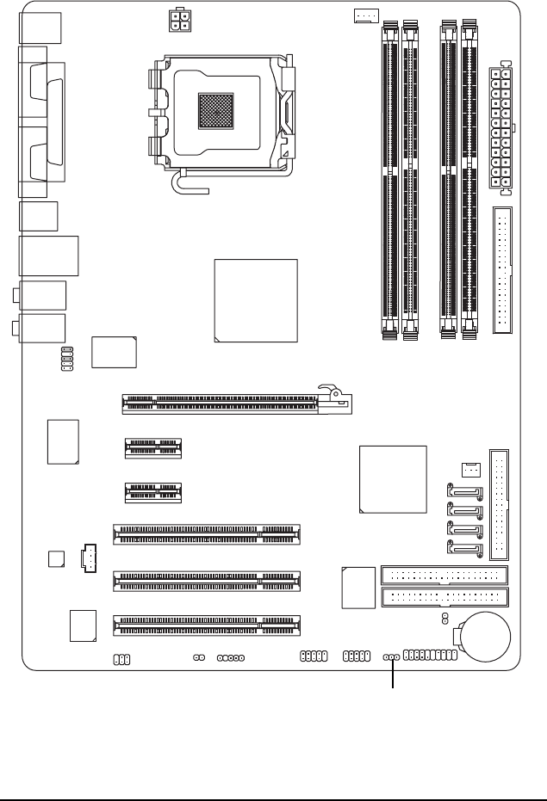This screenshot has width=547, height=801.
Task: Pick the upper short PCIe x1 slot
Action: (x=153, y=447)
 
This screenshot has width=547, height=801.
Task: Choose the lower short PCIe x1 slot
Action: (x=153, y=493)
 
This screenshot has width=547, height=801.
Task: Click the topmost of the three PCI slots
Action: (x=207, y=535)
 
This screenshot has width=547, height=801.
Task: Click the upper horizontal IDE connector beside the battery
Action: (x=444, y=576)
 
